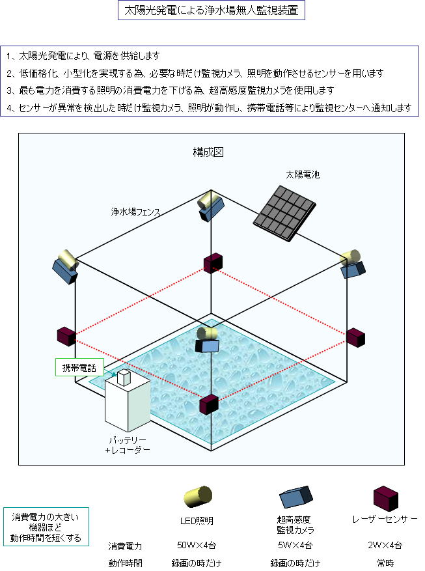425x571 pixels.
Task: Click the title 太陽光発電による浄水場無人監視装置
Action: click(x=212, y=10)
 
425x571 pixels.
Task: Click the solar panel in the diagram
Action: click(x=284, y=213)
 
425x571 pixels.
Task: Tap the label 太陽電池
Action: click(x=303, y=174)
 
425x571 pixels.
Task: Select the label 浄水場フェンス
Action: click(x=135, y=212)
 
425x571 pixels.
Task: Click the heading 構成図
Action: click(x=208, y=152)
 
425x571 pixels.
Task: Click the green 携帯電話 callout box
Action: click(x=79, y=367)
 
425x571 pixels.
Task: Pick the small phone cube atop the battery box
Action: click(x=124, y=377)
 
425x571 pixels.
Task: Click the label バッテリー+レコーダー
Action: click(x=128, y=445)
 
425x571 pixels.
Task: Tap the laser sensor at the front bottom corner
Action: click(x=209, y=404)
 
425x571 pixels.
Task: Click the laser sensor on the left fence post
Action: click(x=66, y=337)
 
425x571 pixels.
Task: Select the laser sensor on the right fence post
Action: click(x=355, y=337)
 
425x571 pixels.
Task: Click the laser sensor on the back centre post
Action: click(x=213, y=263)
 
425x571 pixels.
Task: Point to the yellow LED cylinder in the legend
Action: click(x=198, y=496)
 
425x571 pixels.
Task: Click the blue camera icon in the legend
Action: click(x=296, y=497)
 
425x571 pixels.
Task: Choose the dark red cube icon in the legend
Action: click(x=386, y=498)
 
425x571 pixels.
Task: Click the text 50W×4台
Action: click(x=197, y=545)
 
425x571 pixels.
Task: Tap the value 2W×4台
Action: click(x=385, y=545)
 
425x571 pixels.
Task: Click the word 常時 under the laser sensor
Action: click(x=385, y=563)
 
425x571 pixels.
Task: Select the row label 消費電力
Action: click(x=125, y=546)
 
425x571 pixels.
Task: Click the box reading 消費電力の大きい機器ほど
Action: click(x=46, y=527)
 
